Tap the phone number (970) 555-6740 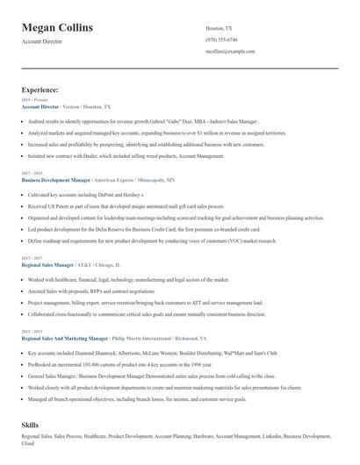221,40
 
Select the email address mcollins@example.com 230,52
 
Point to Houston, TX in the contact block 218,28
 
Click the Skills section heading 31,424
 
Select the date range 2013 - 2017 32,258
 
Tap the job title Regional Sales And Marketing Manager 65,337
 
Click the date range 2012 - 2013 32,331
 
